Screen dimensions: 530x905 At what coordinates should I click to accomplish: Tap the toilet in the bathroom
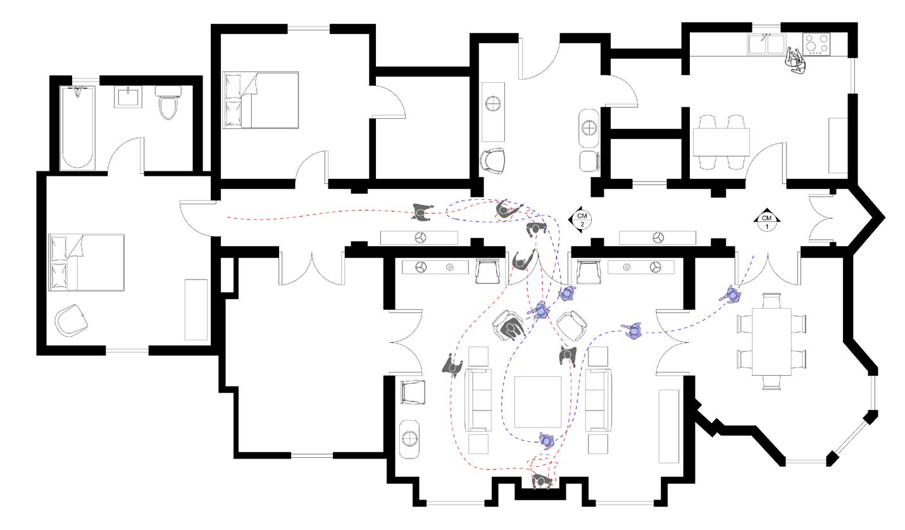(x=168, y=104)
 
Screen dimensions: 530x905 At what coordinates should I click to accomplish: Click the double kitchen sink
(x=766, y=44)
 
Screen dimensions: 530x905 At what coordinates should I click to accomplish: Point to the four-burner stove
(x=817, y=44)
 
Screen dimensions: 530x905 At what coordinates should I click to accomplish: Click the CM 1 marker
(x=767, y=221)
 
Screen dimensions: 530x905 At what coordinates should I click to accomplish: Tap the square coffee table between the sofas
(x=538, y=401)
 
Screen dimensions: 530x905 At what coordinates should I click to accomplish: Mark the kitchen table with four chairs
(x=721, y=142)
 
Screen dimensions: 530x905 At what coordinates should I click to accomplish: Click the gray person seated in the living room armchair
(x=511, y=328)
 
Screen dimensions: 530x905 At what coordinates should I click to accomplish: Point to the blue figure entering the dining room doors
(x=733, y=294)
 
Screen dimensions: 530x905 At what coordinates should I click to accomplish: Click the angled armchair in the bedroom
(x=71, y=321)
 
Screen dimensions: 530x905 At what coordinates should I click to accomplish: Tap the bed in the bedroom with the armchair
(x=87, y=262)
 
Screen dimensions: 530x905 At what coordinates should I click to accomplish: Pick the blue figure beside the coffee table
(x=547, y=440)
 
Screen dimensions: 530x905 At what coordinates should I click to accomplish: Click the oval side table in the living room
(x=410, y=438)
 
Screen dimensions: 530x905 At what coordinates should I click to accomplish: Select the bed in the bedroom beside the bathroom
(x=261, y=100)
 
